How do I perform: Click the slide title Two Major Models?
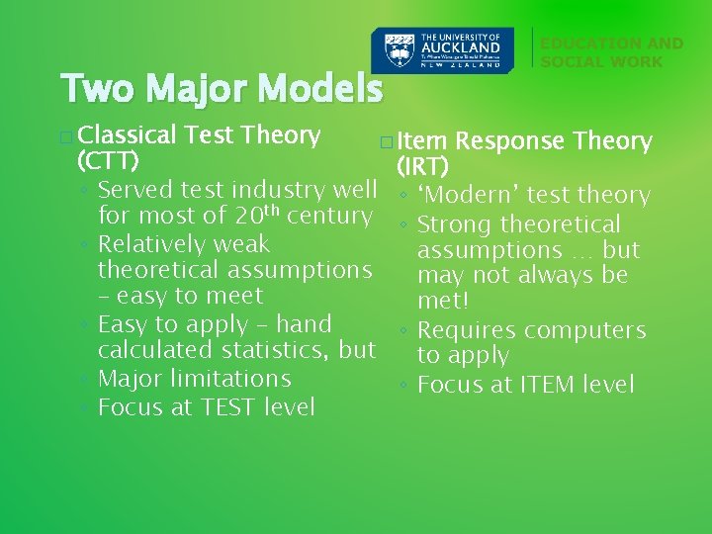[221, 89]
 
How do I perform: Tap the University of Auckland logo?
[442, 49]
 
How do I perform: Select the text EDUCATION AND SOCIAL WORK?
[611, 52]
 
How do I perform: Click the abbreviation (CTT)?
[107, 160]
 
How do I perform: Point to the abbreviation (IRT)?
[422, 166]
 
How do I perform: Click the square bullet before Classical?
[65, 136]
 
